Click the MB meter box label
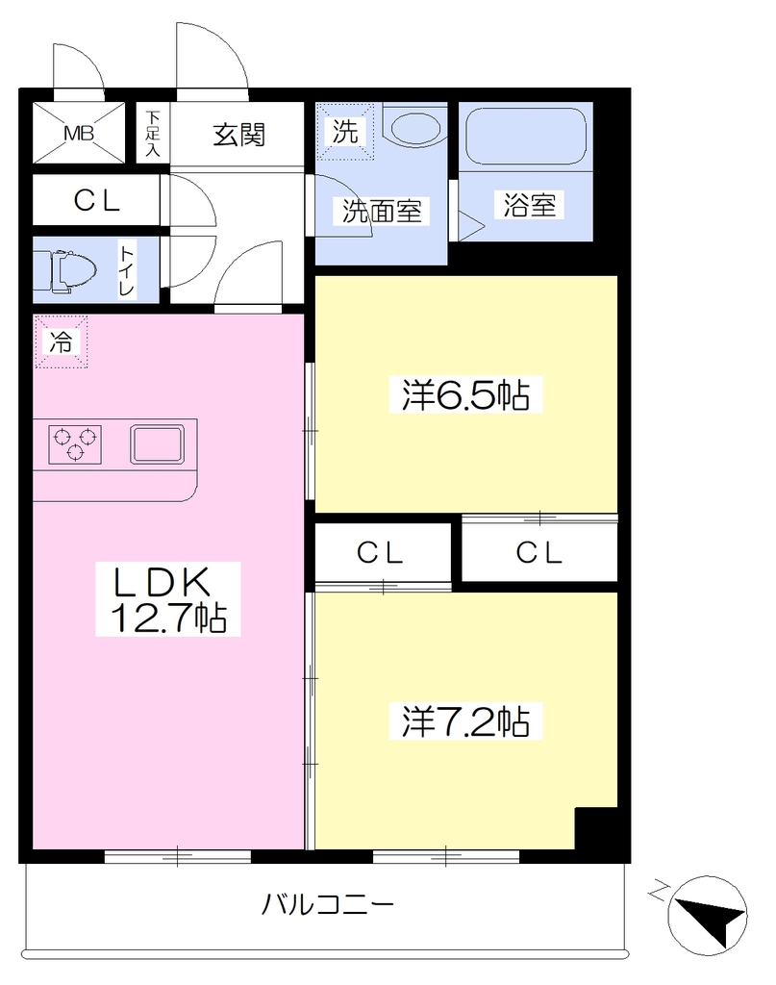[x=79, y=133]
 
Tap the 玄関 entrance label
[x=238, y=135]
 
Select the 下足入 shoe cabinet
[x=153, y=133]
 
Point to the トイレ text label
[x=127, y=271]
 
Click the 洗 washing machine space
[x=344, y=132]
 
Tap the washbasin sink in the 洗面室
[x=415, y=128]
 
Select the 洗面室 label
[x=382, y=211]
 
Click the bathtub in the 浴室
[x=526, y=136]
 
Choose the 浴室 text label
[x=529, y=205]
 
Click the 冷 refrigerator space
[x=61, y=341]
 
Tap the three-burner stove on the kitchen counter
[x=75, y=444]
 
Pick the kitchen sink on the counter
[x=158, y=444]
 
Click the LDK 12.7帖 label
[x=168, y=598]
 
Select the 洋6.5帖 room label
[x=465, y=394]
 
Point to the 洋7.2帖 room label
[x=465, y=721]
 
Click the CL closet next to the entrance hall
[x=96, y=200]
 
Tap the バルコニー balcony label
[x=328, y=904]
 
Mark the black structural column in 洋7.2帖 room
[x=596, y=828]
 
